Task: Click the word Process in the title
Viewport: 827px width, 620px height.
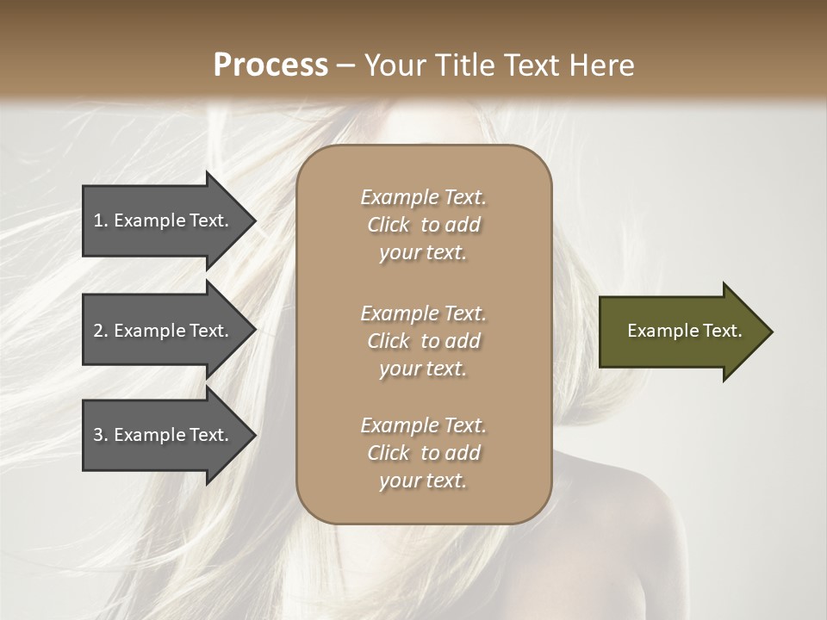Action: click(x=270, y=65)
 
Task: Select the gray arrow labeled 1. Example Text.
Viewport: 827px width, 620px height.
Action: click(x=164, y=220)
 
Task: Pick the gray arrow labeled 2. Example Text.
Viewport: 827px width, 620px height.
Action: click(x=164, y=331)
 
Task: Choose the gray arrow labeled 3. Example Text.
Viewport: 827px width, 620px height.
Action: click(x=164, y=435)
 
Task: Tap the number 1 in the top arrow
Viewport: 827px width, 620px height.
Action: click(x=98, y=220)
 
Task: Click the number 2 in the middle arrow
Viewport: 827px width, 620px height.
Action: click(x=98, y=331)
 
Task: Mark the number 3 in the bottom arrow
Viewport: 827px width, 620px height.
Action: click(x=98, y=435)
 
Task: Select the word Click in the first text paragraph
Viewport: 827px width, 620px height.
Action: click(x=389, y=225)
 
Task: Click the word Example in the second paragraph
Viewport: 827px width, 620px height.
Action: click(x=399, y=313)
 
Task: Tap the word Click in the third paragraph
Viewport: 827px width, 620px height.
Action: click(x=389, y=453)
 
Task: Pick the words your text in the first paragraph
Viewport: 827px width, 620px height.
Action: click(x=423, y=253)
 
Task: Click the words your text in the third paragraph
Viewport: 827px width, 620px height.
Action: click(x=423, y=481)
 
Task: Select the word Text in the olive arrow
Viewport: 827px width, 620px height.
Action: click(x=723, y=331)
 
